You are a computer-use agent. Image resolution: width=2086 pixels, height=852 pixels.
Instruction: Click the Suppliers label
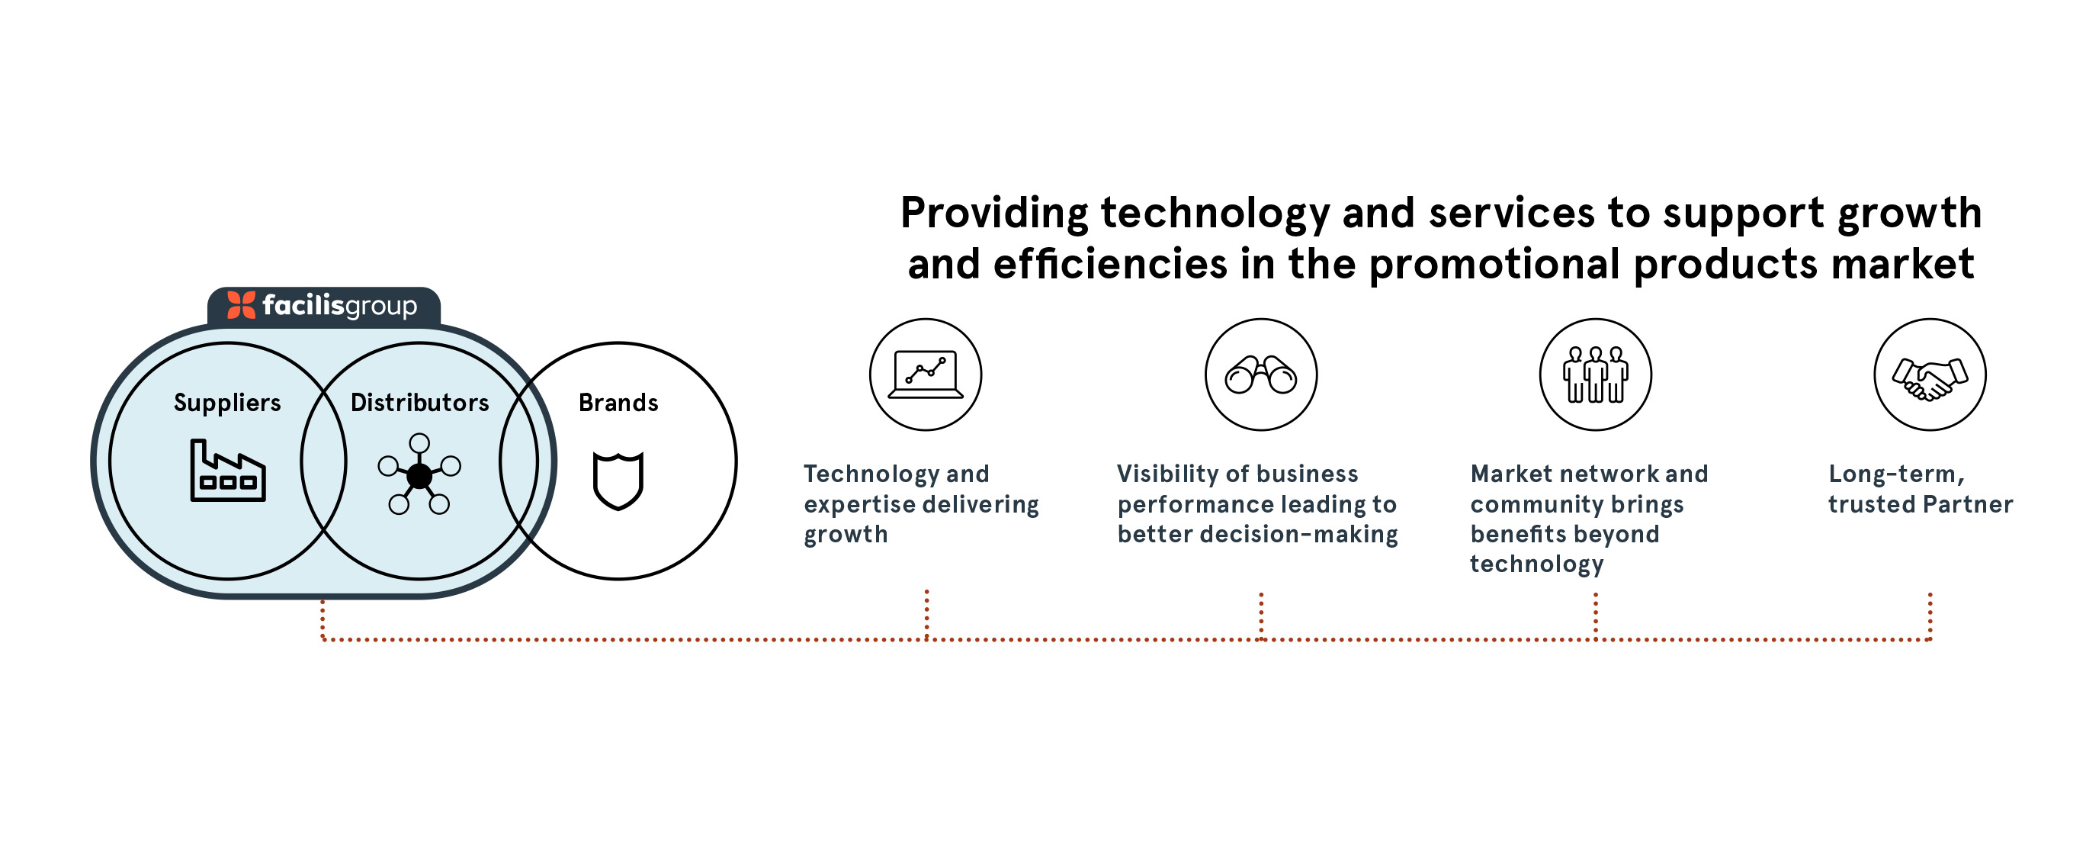click(226, 403)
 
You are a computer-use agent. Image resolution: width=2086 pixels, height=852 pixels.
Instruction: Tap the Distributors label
click(419, 403)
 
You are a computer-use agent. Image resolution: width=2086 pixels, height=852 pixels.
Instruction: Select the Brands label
click(618, 403)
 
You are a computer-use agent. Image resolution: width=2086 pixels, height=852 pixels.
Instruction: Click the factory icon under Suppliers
click(227, 471)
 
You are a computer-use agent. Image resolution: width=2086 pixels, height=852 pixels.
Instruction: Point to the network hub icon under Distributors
click(419, 474)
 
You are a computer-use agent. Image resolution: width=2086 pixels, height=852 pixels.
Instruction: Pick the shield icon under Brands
click(618, 481)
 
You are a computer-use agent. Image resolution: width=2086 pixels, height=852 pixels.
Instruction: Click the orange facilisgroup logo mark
click(242, 305)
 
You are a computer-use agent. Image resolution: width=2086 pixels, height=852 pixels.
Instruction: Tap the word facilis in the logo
click(303, 305)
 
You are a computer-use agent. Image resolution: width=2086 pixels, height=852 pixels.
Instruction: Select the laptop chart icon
click(926, 375)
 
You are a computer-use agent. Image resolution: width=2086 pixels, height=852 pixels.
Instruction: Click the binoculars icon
click(1261, 375)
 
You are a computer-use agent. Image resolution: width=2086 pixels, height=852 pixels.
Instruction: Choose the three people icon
click(1595, 375)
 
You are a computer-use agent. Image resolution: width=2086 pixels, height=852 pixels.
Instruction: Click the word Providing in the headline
click(994, 214)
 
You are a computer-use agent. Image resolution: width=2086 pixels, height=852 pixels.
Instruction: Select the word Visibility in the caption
click(1162, 474)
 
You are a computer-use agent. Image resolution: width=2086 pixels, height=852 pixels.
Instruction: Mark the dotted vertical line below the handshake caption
click(1930, 616)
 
